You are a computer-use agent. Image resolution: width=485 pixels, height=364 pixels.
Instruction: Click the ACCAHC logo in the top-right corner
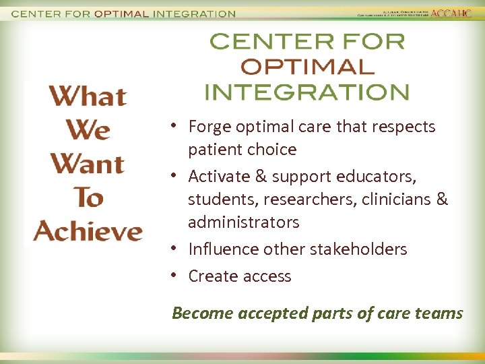pyautogui.click(x=451, y=13)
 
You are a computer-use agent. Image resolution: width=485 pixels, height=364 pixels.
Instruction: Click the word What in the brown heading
pyautogui.click(x=88, y=96)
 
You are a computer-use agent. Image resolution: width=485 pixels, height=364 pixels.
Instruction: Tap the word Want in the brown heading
pyautogui.click(x=88, y=164)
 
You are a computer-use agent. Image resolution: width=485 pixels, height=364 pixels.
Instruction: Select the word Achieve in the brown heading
pyautogui.click(x=88, y=231)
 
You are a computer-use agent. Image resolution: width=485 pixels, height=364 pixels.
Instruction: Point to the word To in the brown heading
pyautogui.click(x=88, y=198)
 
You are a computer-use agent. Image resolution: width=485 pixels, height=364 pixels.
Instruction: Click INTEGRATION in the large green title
pyautogui.click(x=306, y=91)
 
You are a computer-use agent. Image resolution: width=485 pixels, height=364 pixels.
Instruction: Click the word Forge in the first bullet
pyautogui.click(x=209, y=127)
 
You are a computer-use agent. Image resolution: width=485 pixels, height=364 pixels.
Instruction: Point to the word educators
pyautogui.click(x=380, y=177)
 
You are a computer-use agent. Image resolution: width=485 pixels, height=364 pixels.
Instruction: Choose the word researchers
pyautogui.click(x=304, y=200)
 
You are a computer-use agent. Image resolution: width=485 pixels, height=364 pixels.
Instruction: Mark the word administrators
pyautogui.click(x=244, y=222)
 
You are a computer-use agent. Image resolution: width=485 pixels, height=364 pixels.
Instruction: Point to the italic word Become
pyautogui.click(x=202, y=313)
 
